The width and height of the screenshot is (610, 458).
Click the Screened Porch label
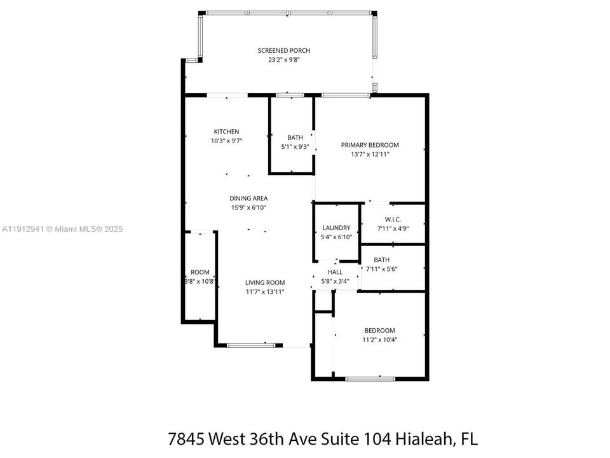coord(283,51)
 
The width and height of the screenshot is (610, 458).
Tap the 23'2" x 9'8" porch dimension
coord(284,60)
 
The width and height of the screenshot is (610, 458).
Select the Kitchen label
coord(226,132)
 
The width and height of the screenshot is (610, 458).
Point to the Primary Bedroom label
coord(370,145)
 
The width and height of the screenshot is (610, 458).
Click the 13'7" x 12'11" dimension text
coord(370,154)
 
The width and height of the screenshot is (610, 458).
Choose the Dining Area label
coord(248,198)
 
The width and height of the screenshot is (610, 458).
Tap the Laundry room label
coord(337,228)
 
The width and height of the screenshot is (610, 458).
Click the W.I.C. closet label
coord(393,219)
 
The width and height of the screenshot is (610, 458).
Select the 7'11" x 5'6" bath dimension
coord(382,268)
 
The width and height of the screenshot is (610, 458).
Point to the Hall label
coord(335,272)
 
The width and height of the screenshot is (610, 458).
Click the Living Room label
coord(265,282)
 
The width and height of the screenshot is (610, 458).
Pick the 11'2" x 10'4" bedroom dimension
coord(380,340)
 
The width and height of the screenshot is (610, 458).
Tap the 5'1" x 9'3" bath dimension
coord(295,147)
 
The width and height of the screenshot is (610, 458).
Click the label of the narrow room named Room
coord(200,272)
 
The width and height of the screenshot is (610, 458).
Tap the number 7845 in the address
coord(187,438)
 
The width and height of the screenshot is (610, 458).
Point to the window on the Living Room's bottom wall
coord(251,345)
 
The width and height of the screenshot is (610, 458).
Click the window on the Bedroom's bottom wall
coord(370,378)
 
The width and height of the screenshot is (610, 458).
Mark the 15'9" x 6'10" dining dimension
coord(248,207)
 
